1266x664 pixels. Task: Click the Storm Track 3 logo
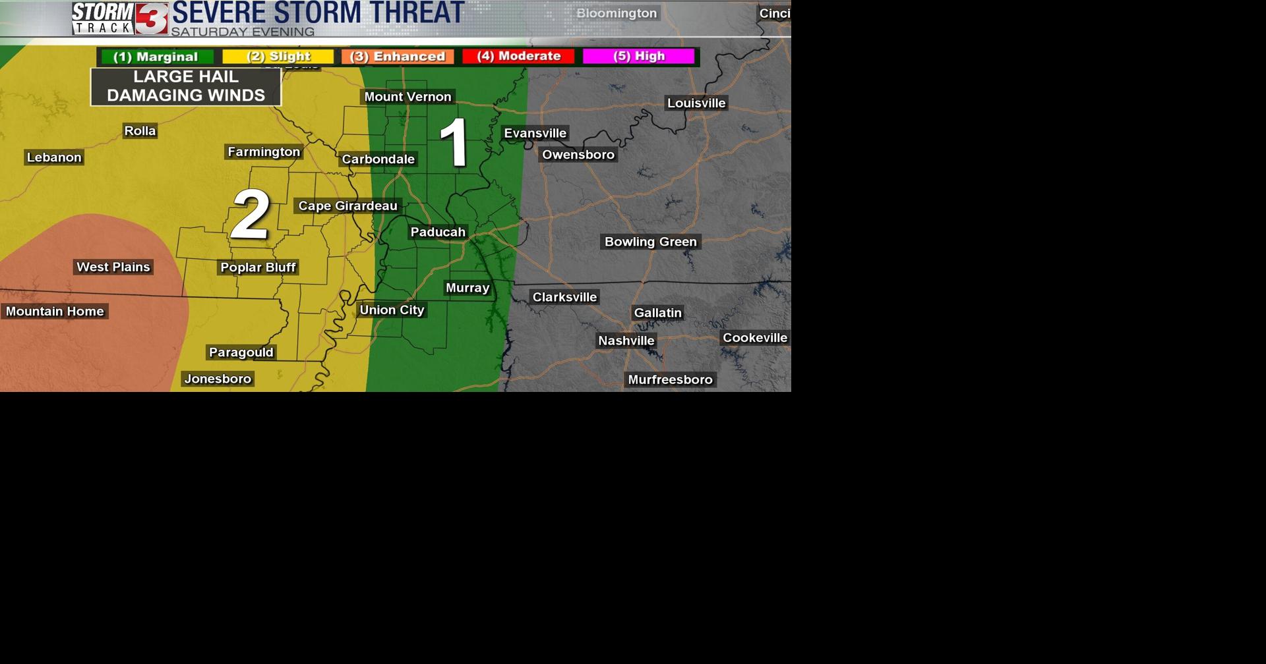point(119,18)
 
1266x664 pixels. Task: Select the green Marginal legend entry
point(156,57)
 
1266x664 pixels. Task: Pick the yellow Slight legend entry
point(278,57)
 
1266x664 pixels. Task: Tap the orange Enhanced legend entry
point(398,57)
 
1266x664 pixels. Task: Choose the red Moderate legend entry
point(518,57)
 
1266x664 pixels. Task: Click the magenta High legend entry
point(638,57)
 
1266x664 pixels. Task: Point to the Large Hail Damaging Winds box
point(186,86)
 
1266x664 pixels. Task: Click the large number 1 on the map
point(455,142)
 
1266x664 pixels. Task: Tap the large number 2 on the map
point(250,214)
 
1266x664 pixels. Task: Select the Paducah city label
point(438,232)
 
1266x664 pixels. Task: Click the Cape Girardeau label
point(347,206)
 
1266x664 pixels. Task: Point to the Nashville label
point(626,341)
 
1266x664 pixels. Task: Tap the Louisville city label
point(696,103)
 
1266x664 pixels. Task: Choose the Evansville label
point(535,133)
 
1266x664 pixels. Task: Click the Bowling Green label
point(650,242)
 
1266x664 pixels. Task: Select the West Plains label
point(113,267)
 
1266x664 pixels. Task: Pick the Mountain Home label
point(55,311)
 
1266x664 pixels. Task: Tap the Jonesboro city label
point(218,379)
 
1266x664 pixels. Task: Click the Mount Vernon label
point(407,97)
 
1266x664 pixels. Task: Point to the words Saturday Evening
point(243,32)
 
